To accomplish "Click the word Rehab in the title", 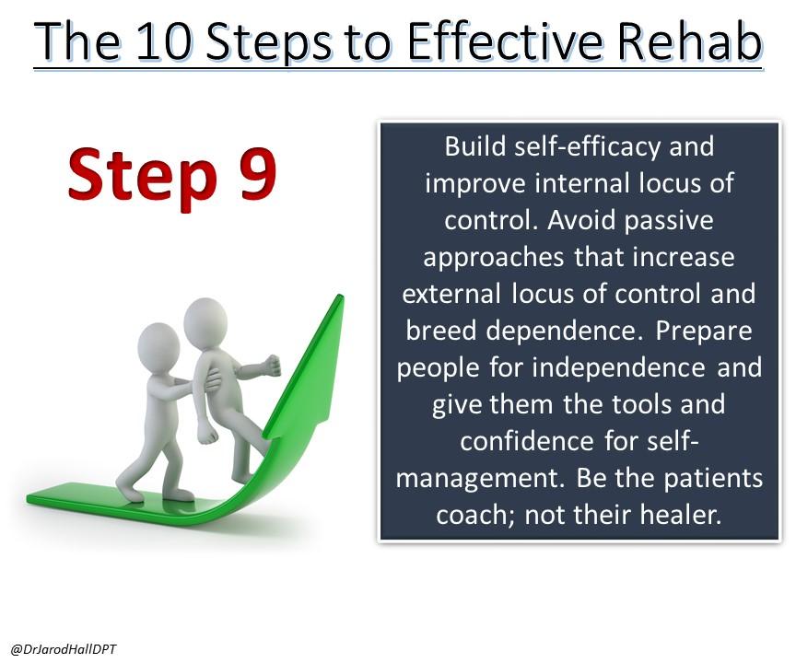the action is (689, 41).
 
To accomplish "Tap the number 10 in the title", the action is (164, 41).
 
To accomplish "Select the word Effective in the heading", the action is (506, 41).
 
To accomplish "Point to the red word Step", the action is (143, 179).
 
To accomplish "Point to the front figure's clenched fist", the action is (273, 365).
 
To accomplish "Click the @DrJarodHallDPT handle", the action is (64, 649).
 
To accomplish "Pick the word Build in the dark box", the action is (475, 146).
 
